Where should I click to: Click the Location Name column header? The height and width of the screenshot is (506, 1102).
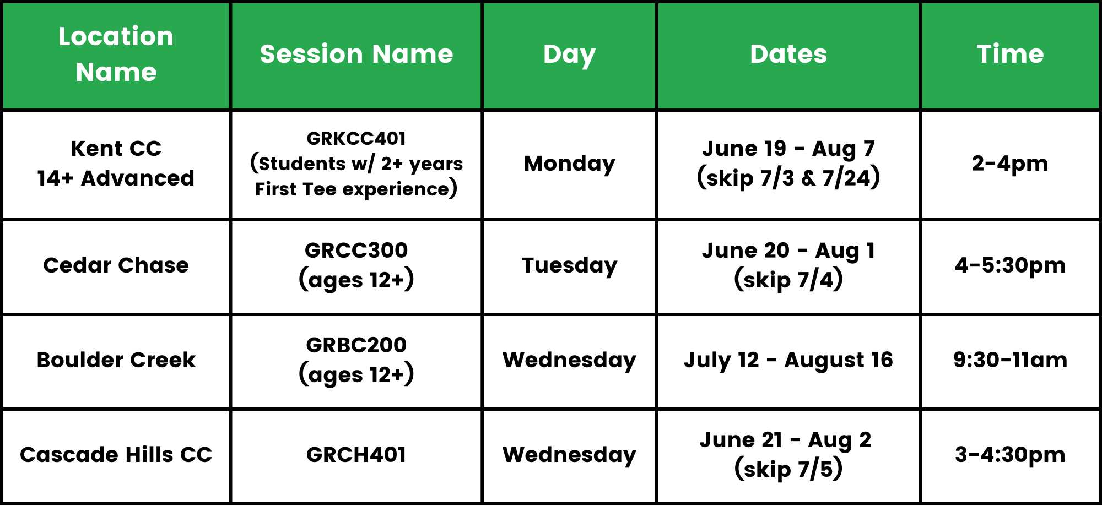(116, 54)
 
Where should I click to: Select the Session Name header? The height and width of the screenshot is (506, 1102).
(356, 54)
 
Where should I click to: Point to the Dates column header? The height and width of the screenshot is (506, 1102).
(788, 54)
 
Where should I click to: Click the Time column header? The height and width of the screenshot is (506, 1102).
(1010, 54)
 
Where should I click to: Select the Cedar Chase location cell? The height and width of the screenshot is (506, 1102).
(116, 265)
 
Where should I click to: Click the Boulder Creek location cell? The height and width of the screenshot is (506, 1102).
(116, 360)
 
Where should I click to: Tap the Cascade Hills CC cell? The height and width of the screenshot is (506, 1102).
(116, 455)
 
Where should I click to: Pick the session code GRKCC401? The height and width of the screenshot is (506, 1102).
(356, 138)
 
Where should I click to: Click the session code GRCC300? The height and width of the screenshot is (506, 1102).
(356, 251)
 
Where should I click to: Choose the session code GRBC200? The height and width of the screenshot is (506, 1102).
(356, 345)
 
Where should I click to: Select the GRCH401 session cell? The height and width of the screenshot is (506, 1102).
(356, 455)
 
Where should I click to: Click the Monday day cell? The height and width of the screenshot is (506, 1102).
(569, 164)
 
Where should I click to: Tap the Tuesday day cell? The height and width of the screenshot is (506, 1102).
(569, 266)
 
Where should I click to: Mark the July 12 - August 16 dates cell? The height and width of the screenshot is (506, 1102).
(788, 361)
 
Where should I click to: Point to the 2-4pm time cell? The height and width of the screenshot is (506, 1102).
(1010, 164)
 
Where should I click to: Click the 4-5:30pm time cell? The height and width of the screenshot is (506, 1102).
(1010, 265)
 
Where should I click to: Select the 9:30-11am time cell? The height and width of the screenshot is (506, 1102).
(1010, 360)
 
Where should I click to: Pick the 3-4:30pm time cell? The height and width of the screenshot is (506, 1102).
(1010, 455)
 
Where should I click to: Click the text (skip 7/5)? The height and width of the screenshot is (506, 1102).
(788, 470)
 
